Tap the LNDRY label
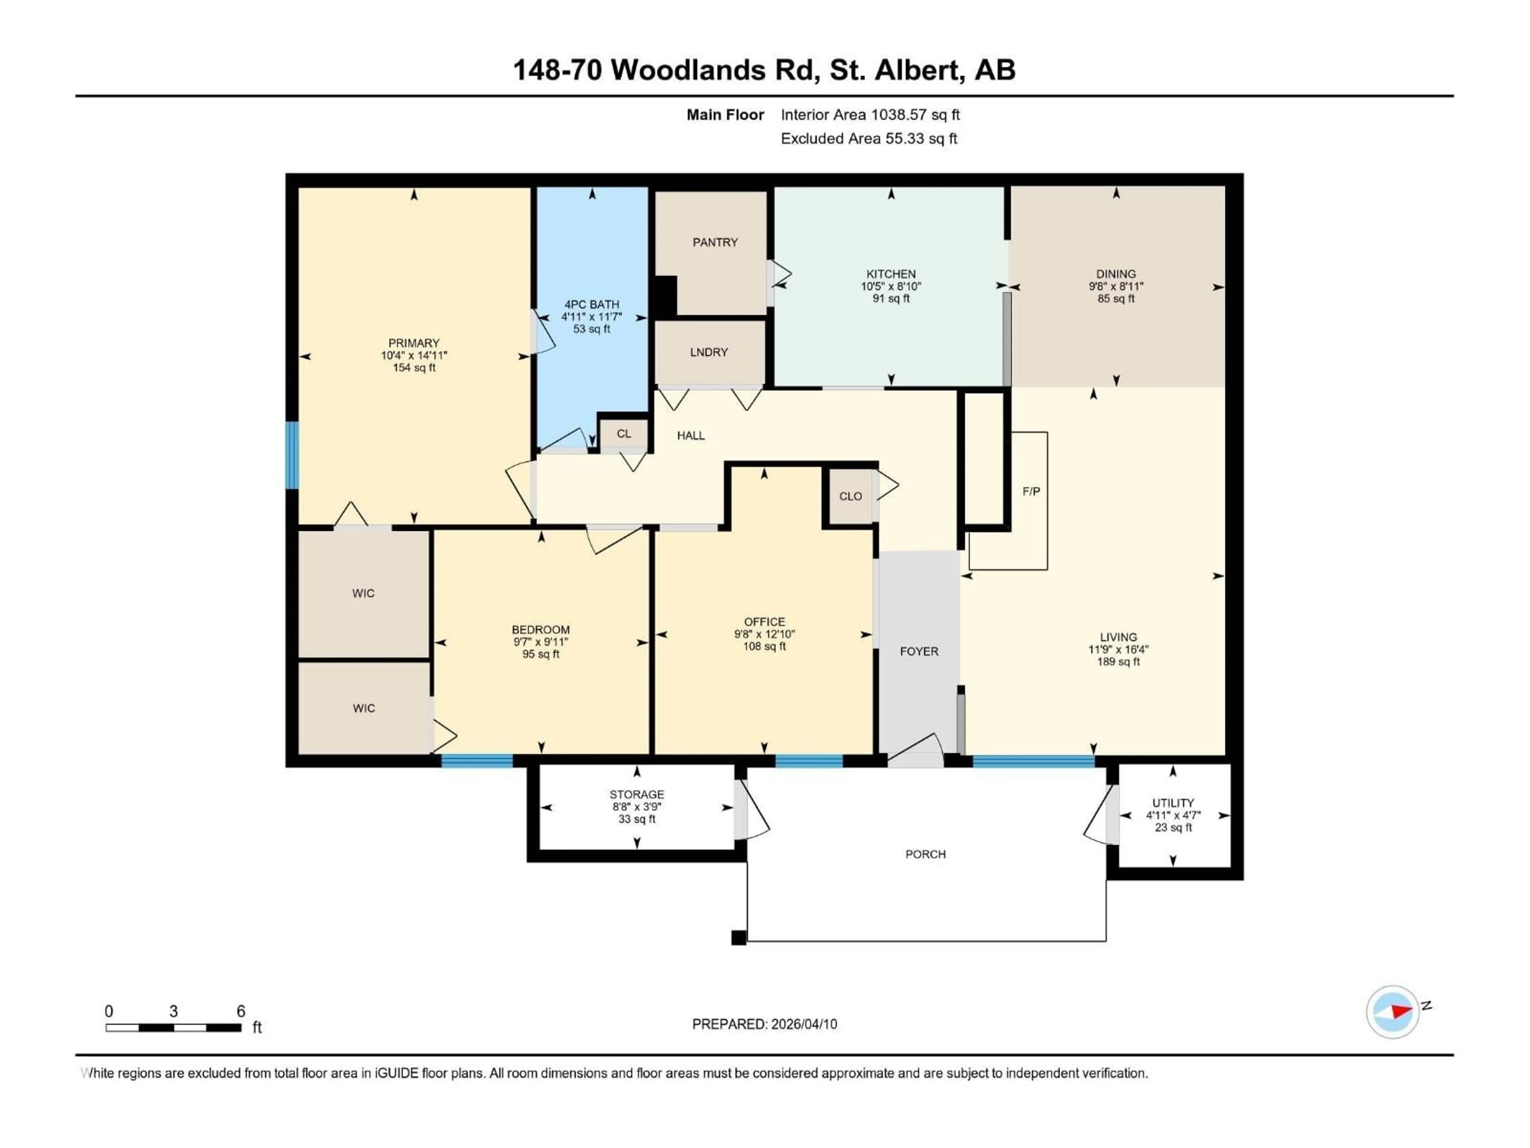pos(708,352)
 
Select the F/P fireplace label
pos(1031,491)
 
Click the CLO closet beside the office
pos(850,496)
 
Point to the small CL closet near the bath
pos(623,434)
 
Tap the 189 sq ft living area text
pos(1118,662)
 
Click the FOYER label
pos(918,651)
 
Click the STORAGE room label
pos(636,794)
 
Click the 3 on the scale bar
pos(174,1011)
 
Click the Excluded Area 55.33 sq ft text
pos(869,138)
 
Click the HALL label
pos(690,435)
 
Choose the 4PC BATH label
pos(591,305)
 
